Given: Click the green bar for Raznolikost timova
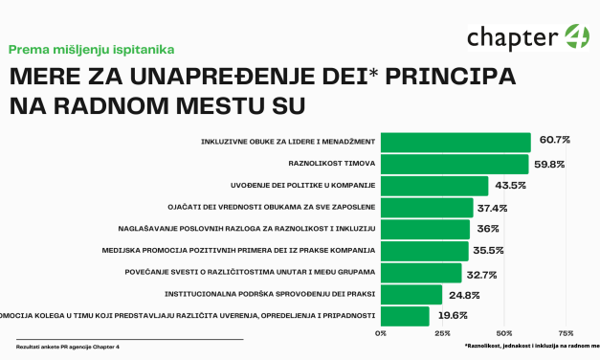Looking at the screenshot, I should tap(455, 163).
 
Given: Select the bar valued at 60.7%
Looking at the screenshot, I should tap(456, 142).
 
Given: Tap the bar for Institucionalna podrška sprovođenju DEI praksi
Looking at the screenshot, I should tap(411, 294).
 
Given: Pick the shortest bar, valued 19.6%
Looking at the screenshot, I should tap(405, 315).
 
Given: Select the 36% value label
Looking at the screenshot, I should tap(486, 228).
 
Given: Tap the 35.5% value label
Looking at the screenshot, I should tap(487, 250).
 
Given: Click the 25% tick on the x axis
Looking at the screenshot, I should tap(442, 333).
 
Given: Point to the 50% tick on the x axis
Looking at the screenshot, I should tap(504, 333).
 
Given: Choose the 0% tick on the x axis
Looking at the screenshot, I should tap(381, 333).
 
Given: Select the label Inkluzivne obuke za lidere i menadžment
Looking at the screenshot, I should tap(288, 142).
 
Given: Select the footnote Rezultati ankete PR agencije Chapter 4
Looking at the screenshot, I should tap(60, 346).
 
